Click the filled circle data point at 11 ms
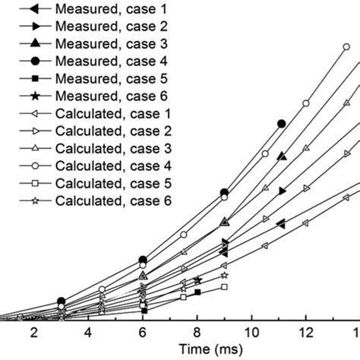pos(281,123)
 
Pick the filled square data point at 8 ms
pos(197,292)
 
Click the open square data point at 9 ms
pos(224,287)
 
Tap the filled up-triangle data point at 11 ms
pos(282,156)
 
